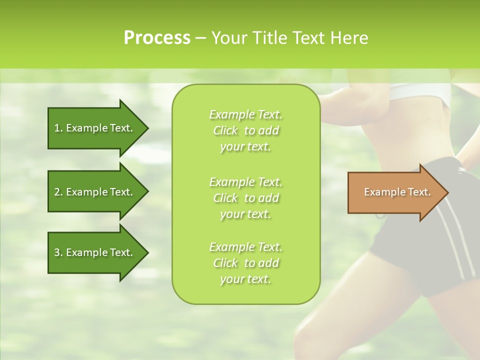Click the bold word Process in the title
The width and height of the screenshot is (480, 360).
coord(157,38)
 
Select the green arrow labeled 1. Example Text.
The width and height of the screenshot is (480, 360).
coord(95,128)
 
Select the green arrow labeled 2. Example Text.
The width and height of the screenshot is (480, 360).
coord(95,192)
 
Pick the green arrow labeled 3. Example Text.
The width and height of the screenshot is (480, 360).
coord(95,252)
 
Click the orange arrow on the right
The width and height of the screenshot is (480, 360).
coord(395,192)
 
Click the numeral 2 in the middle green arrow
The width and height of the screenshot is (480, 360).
coord(57,192)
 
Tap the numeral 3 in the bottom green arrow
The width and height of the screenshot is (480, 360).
coord(57,252)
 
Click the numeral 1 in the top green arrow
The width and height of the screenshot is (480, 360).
coord(57,128)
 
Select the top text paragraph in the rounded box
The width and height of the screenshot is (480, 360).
coord(245,130)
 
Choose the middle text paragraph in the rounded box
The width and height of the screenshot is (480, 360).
coord(245,198)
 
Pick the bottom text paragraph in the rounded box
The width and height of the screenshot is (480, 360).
coord(245,263)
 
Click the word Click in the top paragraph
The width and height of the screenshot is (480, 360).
coord(225,130)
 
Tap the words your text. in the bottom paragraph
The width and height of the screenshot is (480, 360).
coord(245,279)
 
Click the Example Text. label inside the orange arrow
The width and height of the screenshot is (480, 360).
coord(397,192)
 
